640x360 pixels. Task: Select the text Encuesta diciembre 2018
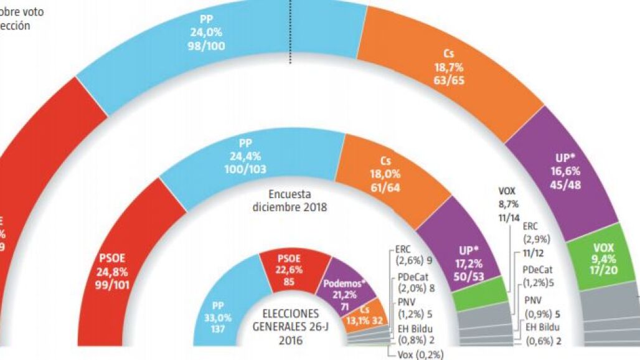point(290,201)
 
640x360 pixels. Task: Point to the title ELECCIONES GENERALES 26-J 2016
point(290,326)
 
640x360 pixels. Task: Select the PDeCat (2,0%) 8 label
point(415,282)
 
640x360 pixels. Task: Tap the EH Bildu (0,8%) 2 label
point(415,333)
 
